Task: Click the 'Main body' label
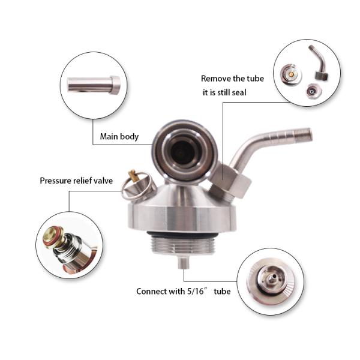pyautogui.click(x=119, y=137)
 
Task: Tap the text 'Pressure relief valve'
pyautogui.click(x=76, y=180)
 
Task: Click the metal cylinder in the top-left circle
pyautogui.click(x=94, y=85)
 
